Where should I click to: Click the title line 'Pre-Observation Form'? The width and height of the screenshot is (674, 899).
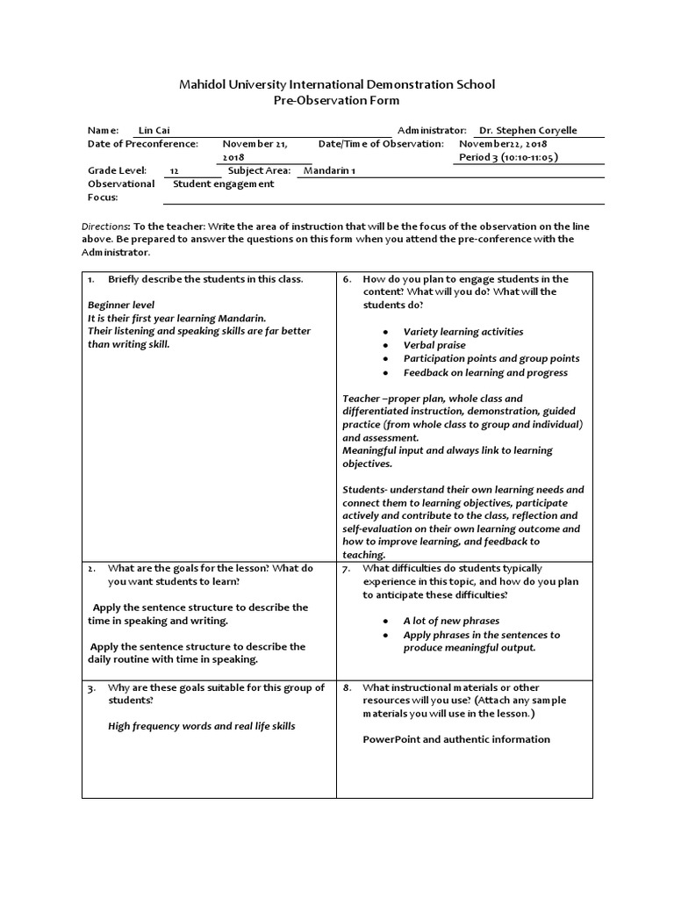337,101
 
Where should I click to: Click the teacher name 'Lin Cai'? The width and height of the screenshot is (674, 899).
154,130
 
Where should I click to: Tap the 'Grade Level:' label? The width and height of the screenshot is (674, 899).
118,170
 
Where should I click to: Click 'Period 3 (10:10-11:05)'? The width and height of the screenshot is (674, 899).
509,157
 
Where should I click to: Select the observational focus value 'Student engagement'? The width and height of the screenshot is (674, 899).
224,183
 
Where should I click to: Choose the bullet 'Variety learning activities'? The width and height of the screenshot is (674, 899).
462,332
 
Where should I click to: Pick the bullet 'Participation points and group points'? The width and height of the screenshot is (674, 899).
491,358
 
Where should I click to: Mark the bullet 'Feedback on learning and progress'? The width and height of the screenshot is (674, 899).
484,372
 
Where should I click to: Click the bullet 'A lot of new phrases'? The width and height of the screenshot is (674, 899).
450,621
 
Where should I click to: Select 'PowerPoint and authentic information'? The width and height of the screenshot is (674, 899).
456,739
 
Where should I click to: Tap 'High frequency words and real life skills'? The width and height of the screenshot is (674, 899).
201,726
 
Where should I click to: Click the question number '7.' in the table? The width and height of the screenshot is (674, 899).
348,569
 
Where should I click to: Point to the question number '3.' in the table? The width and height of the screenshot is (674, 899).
92,687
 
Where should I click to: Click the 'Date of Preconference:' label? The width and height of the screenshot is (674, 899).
143,143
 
